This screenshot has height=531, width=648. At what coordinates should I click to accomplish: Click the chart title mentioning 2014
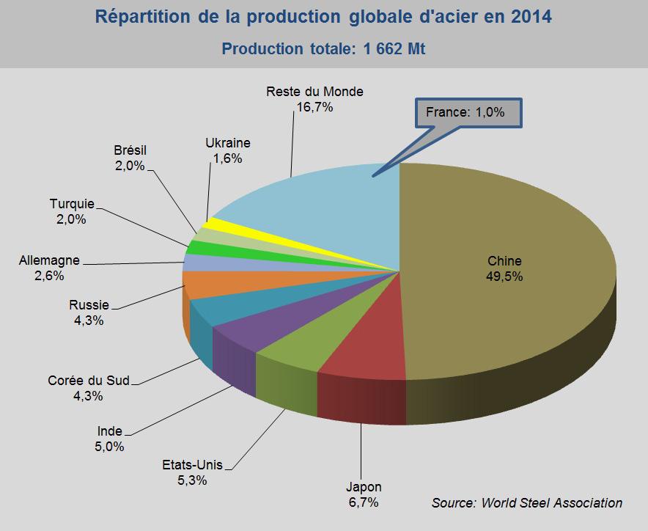pyautogui.click(x=323, y=16)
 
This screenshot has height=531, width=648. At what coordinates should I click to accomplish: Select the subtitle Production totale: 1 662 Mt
pyautogui.click(x=323, y=49)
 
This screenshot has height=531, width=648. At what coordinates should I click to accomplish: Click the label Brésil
pyautogui.click(x=130, y=150)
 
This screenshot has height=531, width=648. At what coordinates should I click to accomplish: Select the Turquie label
pyautogui.click(x=73, y=204)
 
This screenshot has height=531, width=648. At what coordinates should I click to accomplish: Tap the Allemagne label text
pyautogui.click(x=50, y=260)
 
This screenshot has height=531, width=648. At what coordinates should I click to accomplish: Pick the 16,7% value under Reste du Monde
pyautogui.click(x=314, y=107)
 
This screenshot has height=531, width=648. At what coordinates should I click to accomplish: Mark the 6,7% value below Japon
pyautogui.click(x=364, y=502)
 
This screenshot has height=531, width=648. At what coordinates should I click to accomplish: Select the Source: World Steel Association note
pyautogui.click(x=526, y=502)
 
